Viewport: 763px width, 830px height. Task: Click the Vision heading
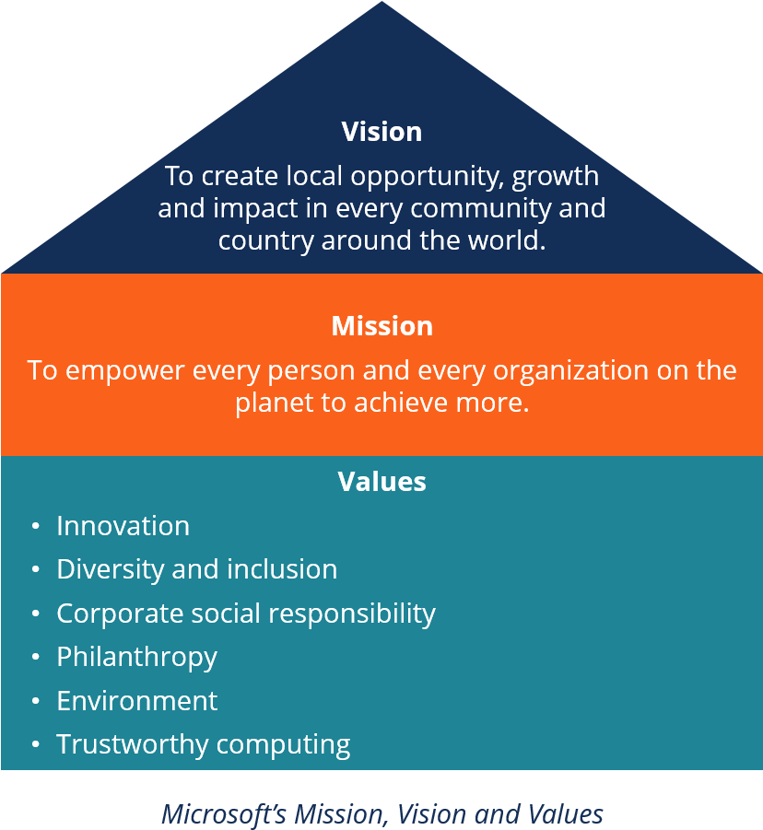[x=381, y=132]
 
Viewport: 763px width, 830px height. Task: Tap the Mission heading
[x=381, y=326]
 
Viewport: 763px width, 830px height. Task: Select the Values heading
[x=381, y=482]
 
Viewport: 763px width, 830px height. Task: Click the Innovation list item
[x=123, y=526]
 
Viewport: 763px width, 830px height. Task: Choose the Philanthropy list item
[x=136, y=657]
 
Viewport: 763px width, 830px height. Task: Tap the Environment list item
[x=136, y=701]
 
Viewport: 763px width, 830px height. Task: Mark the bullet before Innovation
[x=35, y=526]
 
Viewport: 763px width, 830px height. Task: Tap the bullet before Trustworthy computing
[x=35, y=744]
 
